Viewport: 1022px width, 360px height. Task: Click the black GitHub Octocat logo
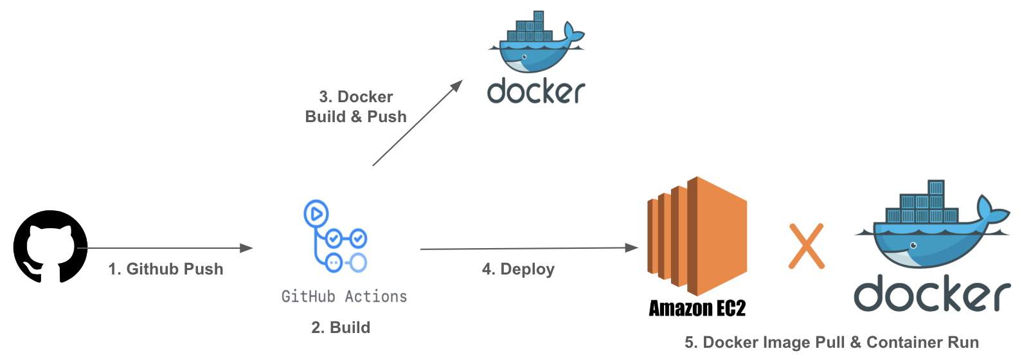pos(50,246)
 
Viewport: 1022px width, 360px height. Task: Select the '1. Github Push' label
pos(166,269)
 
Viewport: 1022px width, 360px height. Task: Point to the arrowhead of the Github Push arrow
pos(246,248)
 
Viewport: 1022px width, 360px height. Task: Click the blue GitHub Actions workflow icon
pos(336,237)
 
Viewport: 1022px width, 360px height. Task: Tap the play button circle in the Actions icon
pos(316,213)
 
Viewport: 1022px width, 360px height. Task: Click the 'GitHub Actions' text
pos(344,296)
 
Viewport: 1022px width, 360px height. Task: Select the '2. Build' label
pos(341,328)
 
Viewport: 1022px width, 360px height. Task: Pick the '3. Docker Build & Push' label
pos(356,107)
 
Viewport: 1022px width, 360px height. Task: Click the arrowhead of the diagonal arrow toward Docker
pos(457,85)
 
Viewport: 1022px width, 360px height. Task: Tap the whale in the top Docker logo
pos(536,43)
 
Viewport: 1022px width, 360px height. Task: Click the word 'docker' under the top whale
pos(536,91)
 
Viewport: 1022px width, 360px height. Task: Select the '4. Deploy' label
pos(518,269)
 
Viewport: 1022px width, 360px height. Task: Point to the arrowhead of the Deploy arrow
pos(632,248)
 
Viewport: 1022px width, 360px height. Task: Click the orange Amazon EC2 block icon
pos(697,236)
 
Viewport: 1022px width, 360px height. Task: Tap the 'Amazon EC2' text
pos(697,309)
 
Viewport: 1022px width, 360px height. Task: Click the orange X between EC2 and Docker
pos(807,246)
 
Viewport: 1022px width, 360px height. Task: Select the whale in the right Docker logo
pos(932,224)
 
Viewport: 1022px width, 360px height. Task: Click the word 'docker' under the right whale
pos(932,294)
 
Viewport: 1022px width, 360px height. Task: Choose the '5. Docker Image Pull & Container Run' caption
pos(832,342)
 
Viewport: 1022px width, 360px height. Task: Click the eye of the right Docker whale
pos(913,246)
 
